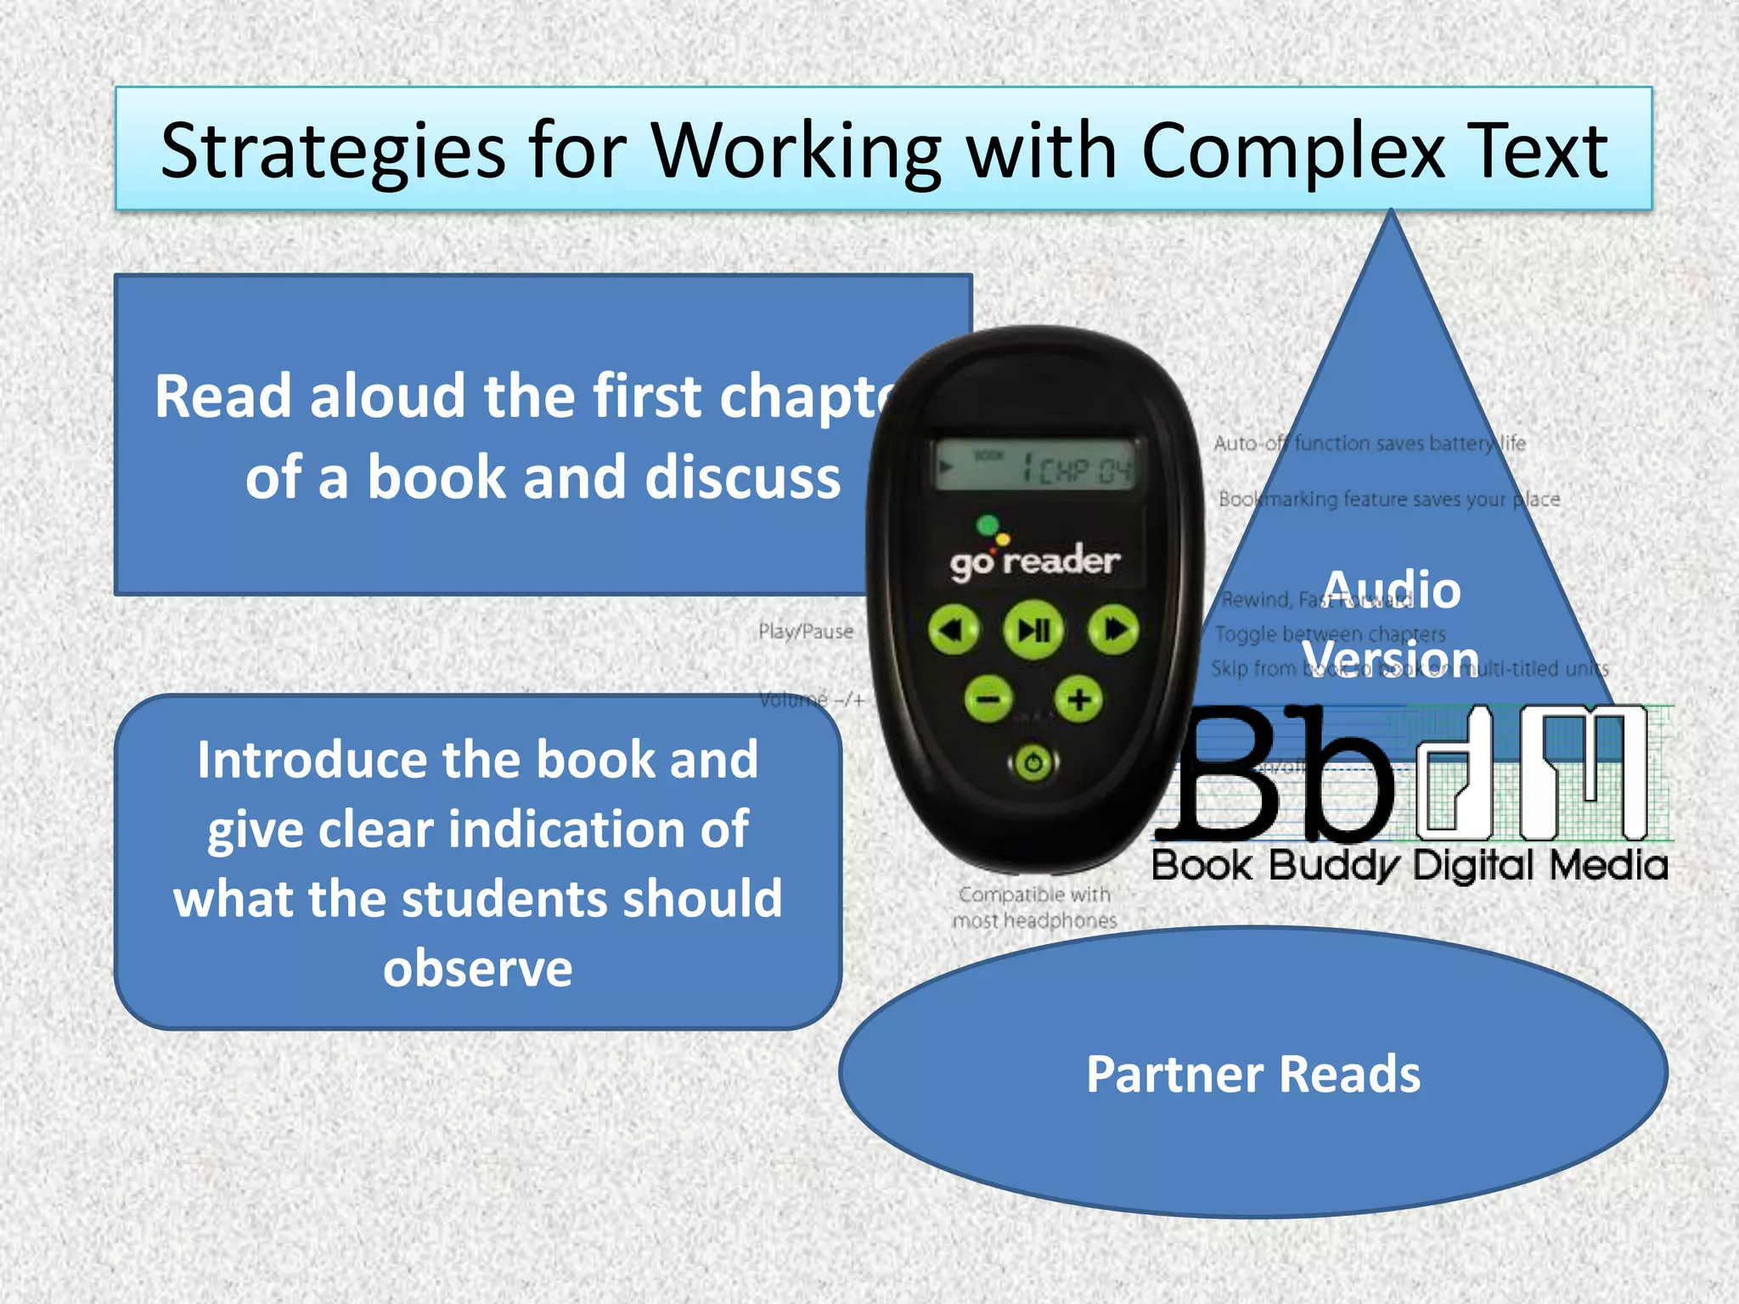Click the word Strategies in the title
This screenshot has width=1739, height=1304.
333,151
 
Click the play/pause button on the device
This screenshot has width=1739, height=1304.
1033,630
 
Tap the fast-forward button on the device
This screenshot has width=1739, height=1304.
1113,630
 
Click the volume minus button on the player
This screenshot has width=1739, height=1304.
988,700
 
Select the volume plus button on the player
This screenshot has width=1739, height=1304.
1078,700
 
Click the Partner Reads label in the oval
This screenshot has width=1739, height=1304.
1253,1074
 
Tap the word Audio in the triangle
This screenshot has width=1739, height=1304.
1392,589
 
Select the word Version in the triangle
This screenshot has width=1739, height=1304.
1391,658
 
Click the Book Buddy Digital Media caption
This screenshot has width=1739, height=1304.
1410,866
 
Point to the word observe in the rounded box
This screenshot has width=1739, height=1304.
477,968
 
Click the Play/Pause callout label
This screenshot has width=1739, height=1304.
805,632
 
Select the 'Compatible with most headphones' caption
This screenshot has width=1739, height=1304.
1034,907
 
